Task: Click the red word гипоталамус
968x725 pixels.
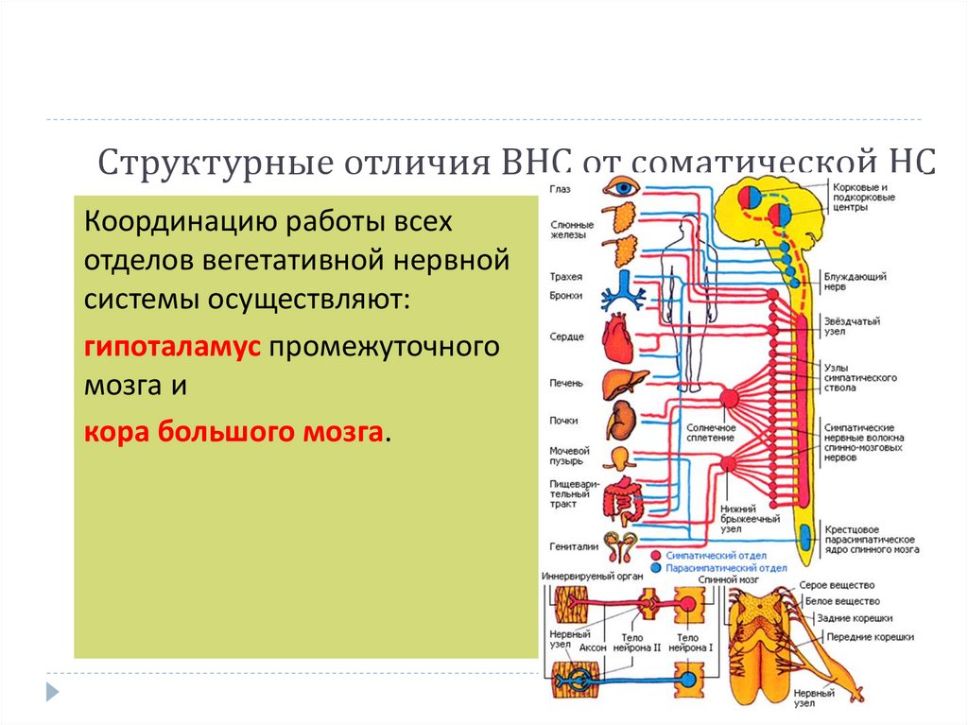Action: point(171,347)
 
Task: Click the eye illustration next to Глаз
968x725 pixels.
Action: point(624,187)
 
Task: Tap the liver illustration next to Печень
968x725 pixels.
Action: point(625,384)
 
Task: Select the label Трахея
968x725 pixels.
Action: point(565,276)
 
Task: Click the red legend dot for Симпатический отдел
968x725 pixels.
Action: point(655,555)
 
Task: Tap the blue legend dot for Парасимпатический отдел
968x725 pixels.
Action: point(655,568)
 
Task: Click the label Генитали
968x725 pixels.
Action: point(573,546)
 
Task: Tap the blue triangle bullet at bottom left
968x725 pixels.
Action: point(53,690)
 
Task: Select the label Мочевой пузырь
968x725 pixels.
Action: point(570,457)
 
